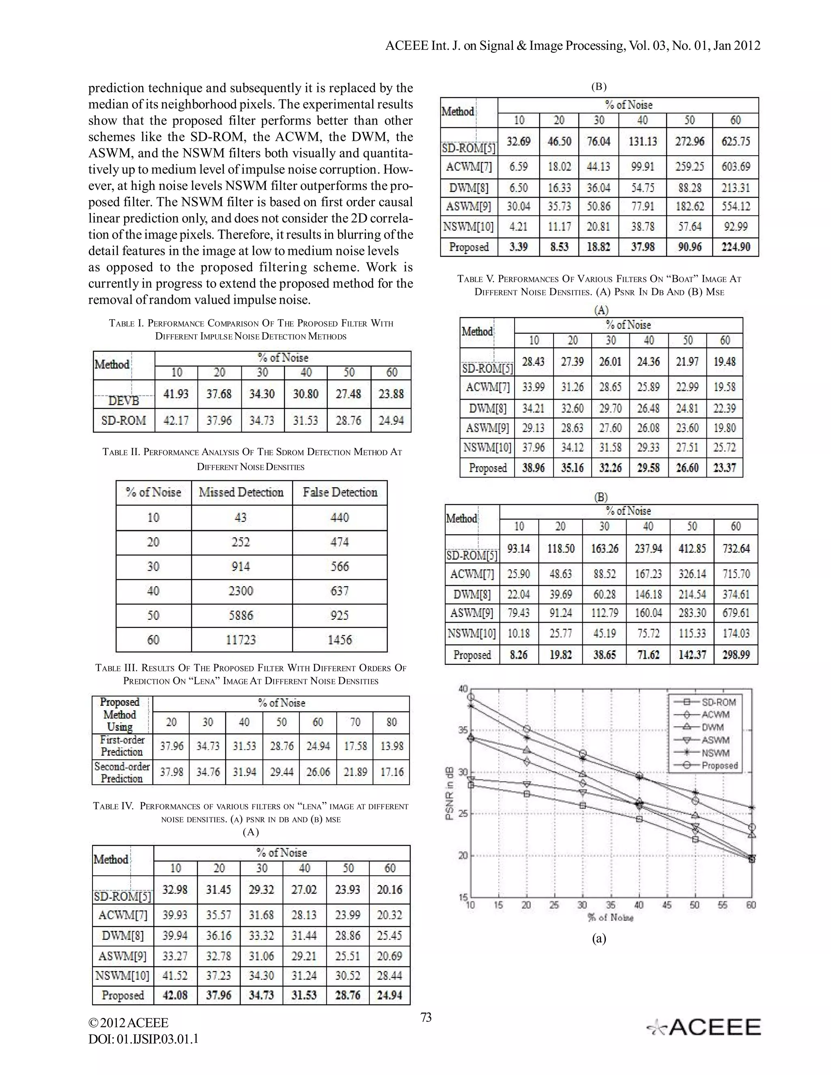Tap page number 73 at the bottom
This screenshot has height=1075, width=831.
coord(426,1017)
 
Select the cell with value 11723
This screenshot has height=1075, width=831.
coord(241,640)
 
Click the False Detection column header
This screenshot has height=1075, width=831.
coord(340,492)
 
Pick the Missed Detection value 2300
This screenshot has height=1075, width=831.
coord(241,591)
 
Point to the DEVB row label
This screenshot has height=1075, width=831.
coord(124,401)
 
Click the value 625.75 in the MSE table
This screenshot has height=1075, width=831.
coord(736,141)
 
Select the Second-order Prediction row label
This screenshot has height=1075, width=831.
coord(122,772)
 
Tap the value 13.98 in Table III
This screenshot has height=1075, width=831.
coord(392,746)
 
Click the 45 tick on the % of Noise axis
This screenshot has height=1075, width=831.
coord(667,905)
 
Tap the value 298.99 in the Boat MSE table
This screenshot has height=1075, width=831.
coord(736,655)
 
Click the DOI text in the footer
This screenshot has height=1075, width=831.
coord(143,1039)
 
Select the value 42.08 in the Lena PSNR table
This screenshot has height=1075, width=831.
coord(175,995)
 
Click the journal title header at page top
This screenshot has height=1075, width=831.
coord(573,46)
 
